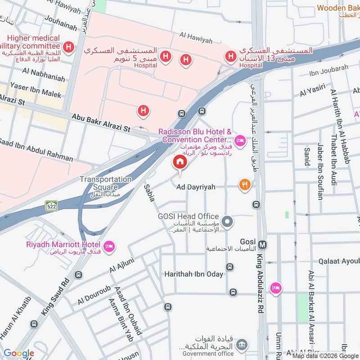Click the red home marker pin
point(180,162)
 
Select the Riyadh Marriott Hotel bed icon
point(108,246)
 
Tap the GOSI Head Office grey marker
point(228,221)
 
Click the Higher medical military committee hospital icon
point(68,46)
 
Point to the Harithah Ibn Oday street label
point(193,274)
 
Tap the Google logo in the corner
point(19,353)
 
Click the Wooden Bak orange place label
point(337,8)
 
